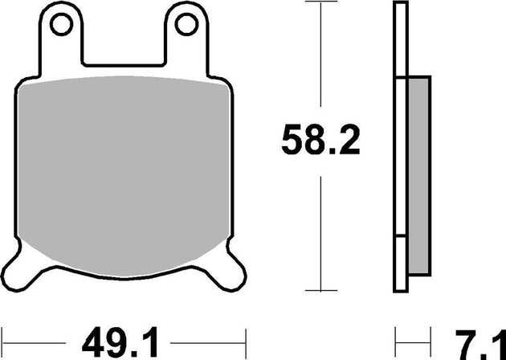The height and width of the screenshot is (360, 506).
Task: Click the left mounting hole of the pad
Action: click(x=60, y=26)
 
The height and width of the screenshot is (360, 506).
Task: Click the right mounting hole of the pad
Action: click(x=186, y=26)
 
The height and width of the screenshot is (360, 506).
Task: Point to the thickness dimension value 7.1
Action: click(x=480, y=338)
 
